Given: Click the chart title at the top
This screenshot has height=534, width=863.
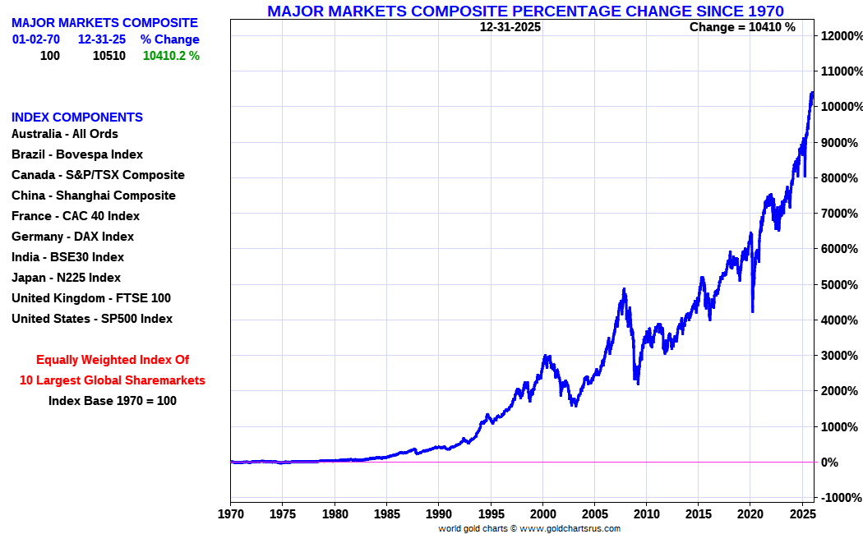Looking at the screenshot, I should click(525, 11).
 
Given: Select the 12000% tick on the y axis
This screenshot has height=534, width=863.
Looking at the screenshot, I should click(840, 36).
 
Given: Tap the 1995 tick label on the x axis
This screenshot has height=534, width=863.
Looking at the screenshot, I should click(491, 515).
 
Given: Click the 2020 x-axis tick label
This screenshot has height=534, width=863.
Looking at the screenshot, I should click(750, 515).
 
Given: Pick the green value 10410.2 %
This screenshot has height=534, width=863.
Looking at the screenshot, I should click(171, 56).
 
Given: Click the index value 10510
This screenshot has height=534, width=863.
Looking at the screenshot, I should click(108, 56).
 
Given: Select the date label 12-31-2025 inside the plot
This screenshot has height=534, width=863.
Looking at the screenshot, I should click(510, 27).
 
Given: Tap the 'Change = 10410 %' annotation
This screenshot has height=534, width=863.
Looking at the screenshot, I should click(742, 27).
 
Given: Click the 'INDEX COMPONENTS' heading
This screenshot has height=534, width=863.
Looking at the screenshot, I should click(77, 117).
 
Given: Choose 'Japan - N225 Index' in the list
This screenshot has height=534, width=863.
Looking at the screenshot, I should click(66, 278).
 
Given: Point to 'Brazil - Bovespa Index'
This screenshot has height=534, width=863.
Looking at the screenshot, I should click(77, 154).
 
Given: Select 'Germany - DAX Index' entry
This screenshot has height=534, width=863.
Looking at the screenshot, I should click(72, 237).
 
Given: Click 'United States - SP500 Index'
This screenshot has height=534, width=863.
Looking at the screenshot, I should click(92, 319).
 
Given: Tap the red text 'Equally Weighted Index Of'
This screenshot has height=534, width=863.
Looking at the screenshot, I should click(113, 360).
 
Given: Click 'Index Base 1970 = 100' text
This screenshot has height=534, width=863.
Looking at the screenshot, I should click(113, 401).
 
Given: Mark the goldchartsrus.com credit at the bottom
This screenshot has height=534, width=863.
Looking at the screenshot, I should click(529, 528).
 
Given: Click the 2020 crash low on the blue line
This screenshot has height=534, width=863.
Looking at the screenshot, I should click(753, 311).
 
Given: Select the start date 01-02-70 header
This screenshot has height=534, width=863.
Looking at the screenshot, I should click(35, 39).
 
